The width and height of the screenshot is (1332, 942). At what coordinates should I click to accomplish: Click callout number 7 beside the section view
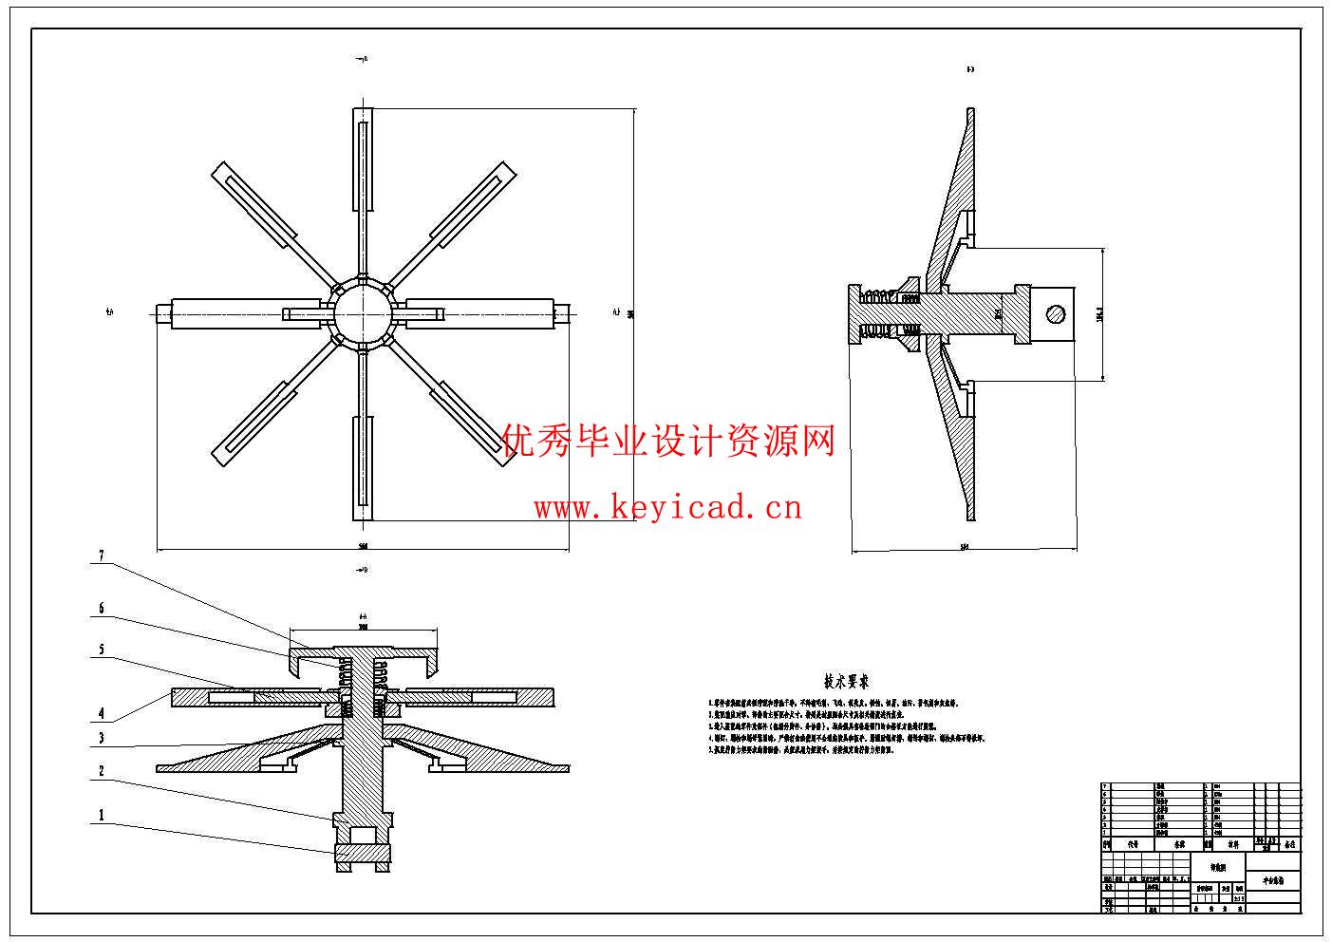(x=101, y=556)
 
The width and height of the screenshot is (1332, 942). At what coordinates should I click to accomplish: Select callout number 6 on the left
(x=101, y=609)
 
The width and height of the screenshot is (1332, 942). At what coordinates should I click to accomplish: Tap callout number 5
(x=101, y=650)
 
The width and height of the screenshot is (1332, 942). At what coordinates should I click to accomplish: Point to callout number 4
(x=101, y=713)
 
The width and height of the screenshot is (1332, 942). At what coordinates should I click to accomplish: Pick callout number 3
(x=101, y=738)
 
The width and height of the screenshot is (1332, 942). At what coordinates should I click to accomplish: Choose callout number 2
(x=101, y=772)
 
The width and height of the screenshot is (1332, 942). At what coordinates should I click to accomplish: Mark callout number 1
(x=101, y=815)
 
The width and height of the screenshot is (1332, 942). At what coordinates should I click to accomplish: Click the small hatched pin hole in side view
(x=1055, y=313)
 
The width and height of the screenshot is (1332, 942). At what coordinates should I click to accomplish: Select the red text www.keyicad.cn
(x=667, y=508)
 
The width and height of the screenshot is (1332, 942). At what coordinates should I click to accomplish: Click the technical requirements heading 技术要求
(x=846, y=682)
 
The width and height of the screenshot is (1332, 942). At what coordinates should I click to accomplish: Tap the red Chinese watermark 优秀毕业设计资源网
(x=667, y=441)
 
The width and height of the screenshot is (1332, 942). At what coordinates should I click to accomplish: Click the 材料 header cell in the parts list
(x=1232, y=843)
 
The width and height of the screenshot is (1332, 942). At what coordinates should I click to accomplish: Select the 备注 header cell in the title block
(x=1289, y=843)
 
